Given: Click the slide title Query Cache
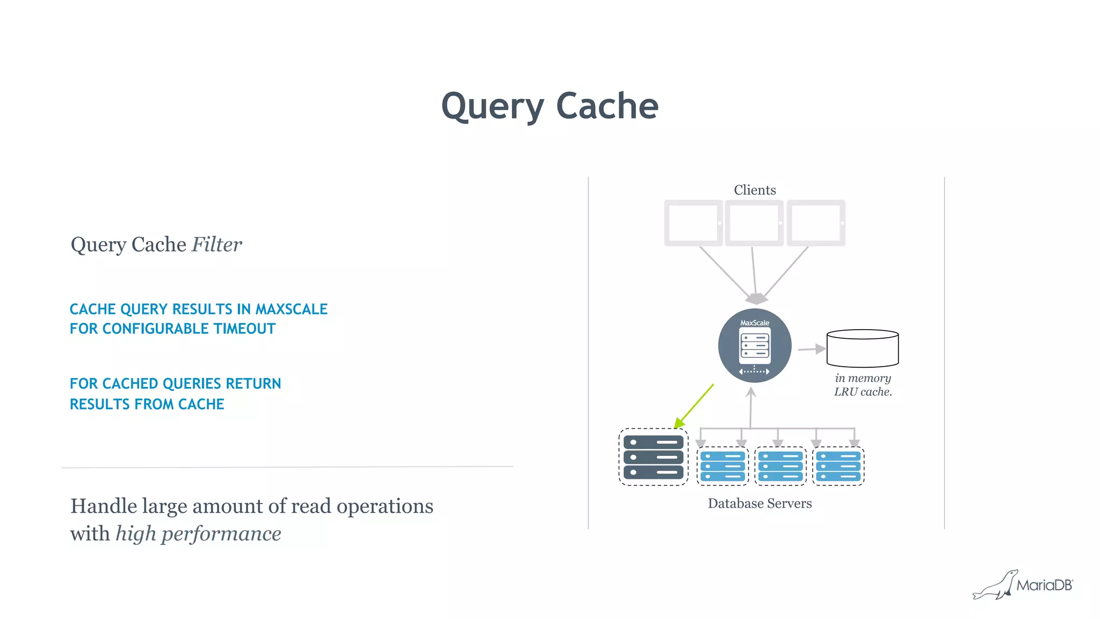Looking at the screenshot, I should [549, 106].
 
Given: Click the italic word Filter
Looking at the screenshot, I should [217, 245].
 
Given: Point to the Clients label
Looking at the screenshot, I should [755, 190].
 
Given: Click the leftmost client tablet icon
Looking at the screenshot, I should [693, 223].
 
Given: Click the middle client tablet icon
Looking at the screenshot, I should [754, 223].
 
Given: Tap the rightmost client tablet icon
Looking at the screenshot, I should [816, 223].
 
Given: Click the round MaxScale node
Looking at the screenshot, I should [755, 346].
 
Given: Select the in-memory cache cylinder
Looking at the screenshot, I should [862, 348].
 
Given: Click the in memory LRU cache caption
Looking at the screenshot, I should [863, 385].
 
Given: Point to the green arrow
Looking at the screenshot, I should [694, 406].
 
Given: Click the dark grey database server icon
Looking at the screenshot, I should [653, 457].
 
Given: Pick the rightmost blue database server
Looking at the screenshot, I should [838, 466].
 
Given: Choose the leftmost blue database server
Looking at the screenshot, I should [722, 466].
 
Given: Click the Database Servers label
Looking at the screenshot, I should [759, 504].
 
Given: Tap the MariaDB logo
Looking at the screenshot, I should [1023, 585].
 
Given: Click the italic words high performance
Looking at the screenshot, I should [198, 534].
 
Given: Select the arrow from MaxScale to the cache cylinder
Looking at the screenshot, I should [812, 349].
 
